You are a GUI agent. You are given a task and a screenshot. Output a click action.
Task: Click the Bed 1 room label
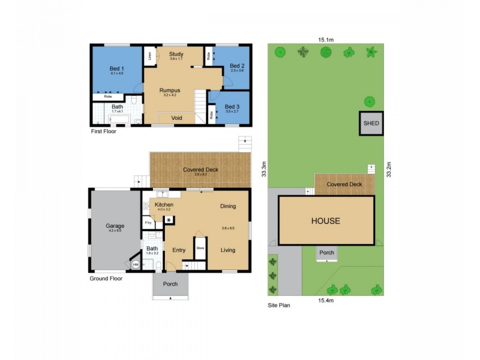tap(116, 69)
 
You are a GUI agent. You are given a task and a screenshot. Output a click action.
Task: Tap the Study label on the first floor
tap(176, 54)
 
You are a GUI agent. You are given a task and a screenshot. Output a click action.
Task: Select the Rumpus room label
tap(170, 91)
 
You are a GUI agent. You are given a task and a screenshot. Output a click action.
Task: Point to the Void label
tap(176, 118)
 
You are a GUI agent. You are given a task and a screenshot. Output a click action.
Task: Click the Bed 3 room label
tap(232, 106)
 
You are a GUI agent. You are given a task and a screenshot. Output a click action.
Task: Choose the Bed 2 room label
tap(237, 65)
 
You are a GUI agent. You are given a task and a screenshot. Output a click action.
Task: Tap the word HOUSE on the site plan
tap(325, 221)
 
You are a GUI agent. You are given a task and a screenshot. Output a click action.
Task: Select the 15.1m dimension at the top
tap(326, 40)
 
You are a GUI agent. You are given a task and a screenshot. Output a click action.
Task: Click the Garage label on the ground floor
tap(115, 226)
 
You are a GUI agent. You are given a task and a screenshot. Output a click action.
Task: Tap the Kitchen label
tap(164, 205)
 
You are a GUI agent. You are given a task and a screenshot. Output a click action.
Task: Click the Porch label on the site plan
tap(326, 253)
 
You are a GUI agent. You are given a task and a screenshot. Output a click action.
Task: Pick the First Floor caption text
tap(103, 131)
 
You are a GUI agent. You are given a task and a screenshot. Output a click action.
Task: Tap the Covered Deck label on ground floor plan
tap(200, 170)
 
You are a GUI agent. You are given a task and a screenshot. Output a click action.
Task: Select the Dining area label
tap(228, 206)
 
